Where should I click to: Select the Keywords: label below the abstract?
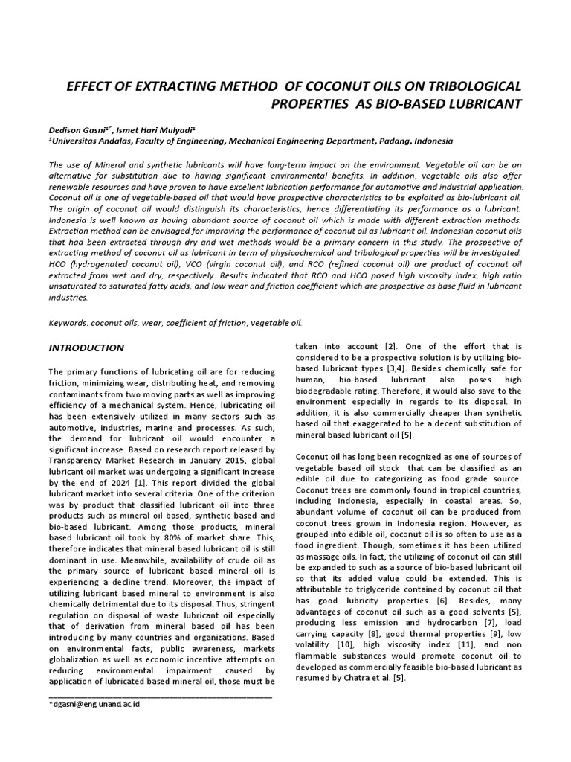71,323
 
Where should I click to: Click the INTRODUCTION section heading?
86,348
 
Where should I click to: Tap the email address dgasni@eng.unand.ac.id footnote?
95,703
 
